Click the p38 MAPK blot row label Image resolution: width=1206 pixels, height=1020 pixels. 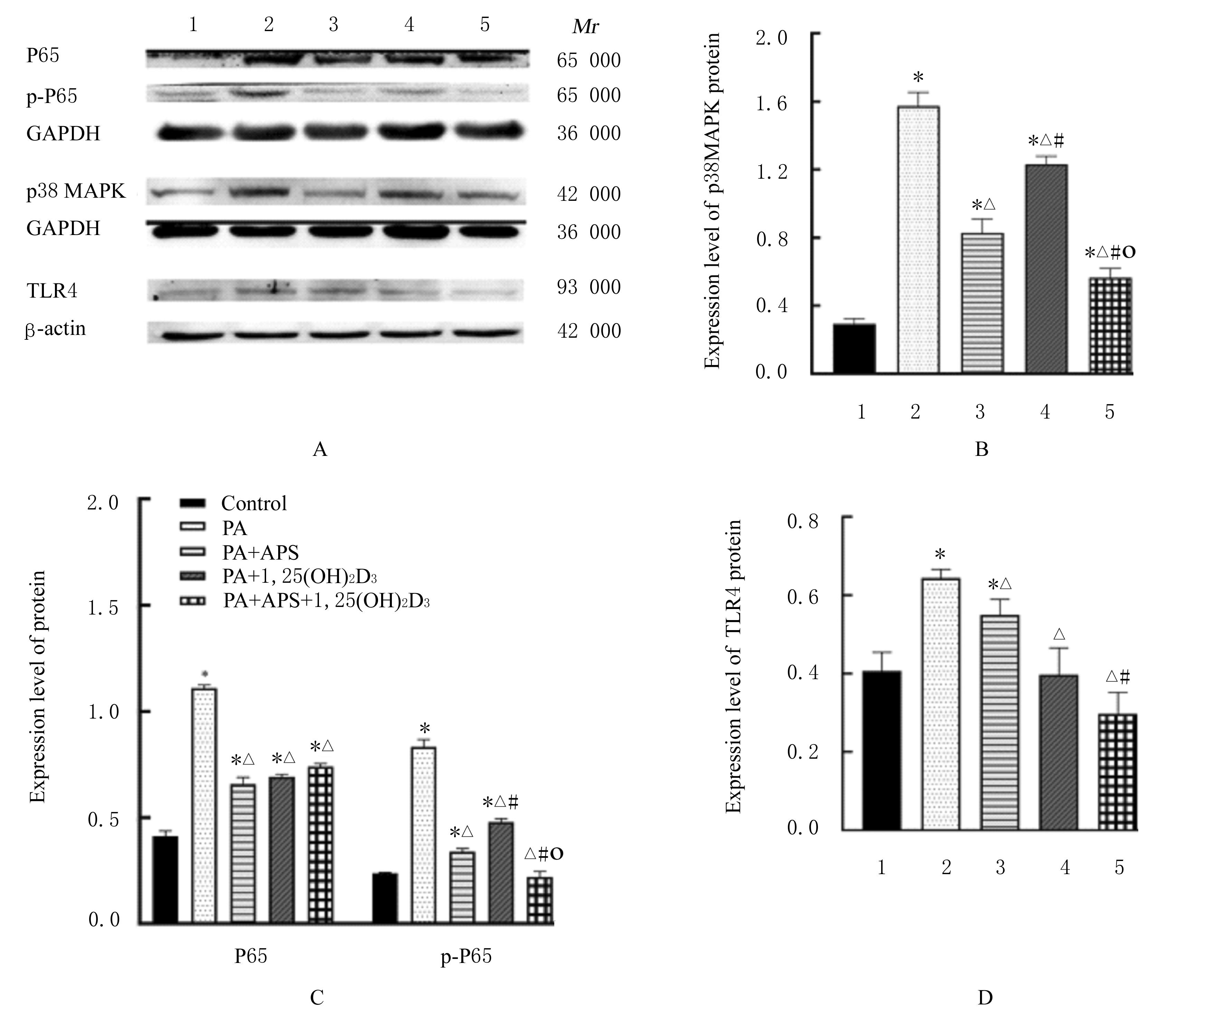point(76,191)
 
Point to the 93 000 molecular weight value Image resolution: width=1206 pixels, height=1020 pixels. point(588,287)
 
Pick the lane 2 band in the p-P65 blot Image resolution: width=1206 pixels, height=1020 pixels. point(268,93)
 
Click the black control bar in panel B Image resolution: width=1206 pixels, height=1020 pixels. point(855,349)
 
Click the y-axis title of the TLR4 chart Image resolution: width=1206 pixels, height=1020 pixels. point(733,666)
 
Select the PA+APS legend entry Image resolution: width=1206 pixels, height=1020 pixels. point(260,553)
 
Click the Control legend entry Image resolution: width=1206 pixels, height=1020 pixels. point(254,504)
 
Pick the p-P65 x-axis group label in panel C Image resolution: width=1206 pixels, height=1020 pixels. point(466,956)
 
